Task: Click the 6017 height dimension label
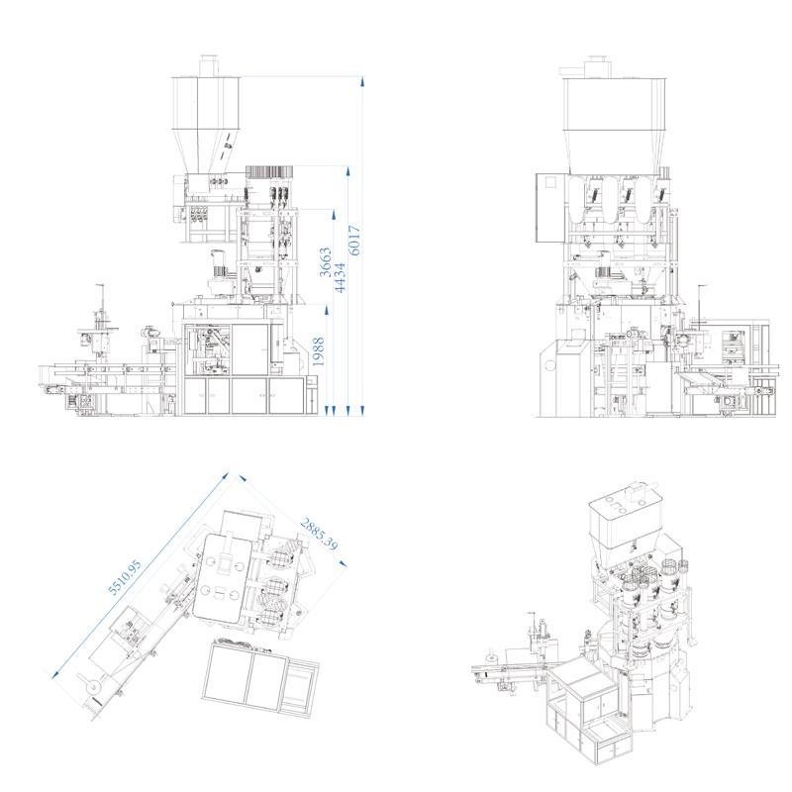pos(355,241)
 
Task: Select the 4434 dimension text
pos(340,277)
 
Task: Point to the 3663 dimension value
pos(326,262)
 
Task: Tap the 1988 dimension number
pos(318,351)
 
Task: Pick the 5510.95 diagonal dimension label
pos(125,577)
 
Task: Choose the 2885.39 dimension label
pos(319,534)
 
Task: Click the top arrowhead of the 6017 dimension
pos(362,81)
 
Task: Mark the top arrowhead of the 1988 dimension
pos(327,309)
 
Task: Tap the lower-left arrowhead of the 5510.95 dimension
pos(56,674)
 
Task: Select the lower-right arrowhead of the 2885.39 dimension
pos(343,563)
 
